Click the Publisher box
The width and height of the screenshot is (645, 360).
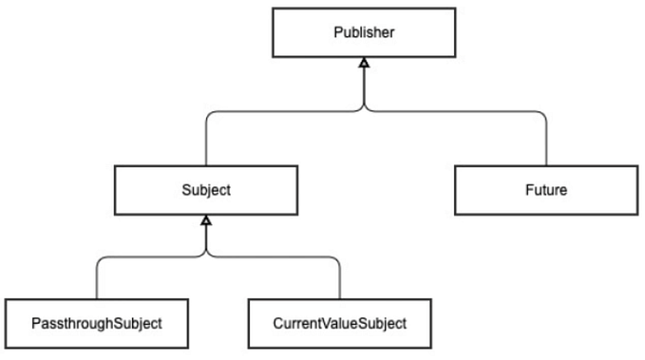(x=363, y=33)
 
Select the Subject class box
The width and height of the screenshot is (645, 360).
(x=205, y=190)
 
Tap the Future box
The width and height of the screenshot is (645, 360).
(x=545, y=190)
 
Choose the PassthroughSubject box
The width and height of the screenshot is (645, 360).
(x=97, y=323)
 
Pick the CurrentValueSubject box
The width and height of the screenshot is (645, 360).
(x=339, y=323)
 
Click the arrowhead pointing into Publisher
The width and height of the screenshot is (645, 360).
(x=363, y=63)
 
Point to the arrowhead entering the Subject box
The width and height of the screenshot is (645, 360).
(x=205, y=220)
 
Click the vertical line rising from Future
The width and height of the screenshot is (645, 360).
(x=546, y=142)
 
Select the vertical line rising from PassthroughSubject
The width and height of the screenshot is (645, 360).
(x=97, y=280)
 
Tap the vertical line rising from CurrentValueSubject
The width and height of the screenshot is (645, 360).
(x=340, y=280)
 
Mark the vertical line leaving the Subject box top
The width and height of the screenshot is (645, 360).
(x=205, y=142)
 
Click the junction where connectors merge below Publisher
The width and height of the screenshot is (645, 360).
(x=363, y=109)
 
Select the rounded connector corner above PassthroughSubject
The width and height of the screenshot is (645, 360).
(x=102, y=258)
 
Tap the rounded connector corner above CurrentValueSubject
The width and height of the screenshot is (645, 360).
(x=335, y=258)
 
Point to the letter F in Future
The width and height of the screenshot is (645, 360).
(x=528, y=190)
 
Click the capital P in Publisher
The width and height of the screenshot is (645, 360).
(x=337, y=33)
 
